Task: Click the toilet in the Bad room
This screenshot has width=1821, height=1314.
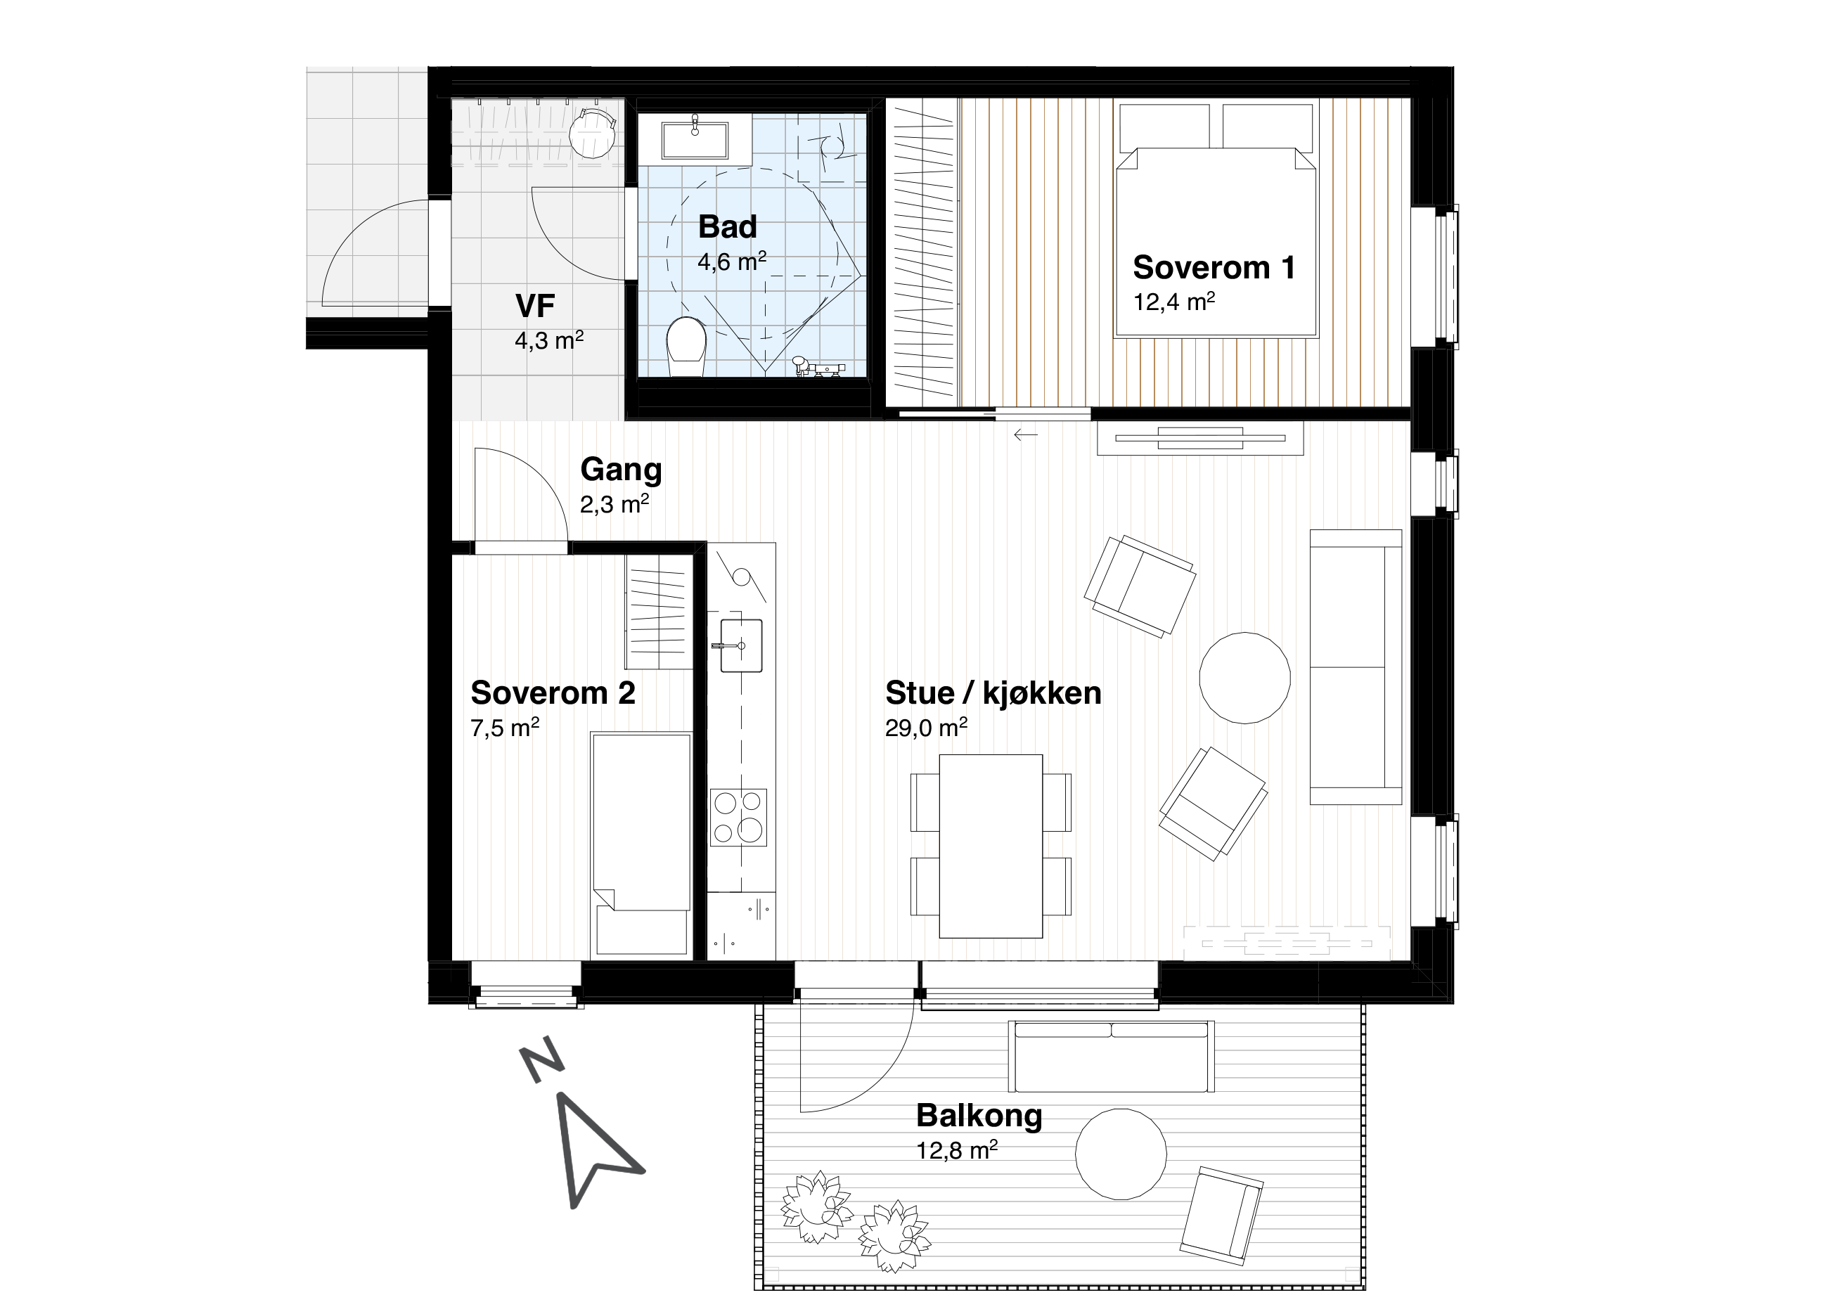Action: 686,347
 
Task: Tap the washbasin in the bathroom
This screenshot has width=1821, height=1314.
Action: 695,141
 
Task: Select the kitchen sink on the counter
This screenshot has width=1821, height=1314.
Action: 741,645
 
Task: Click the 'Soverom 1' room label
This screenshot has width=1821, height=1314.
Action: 1214,267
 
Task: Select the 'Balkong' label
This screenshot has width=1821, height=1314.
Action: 979,1116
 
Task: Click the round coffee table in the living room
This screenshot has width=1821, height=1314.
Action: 1244,678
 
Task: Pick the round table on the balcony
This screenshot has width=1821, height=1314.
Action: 1121,1154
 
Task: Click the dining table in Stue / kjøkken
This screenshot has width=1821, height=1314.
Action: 991,846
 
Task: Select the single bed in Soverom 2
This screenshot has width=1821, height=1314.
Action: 641,845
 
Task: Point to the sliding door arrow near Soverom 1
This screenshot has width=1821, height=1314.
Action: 1025,435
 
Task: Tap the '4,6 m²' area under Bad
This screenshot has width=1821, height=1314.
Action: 731,262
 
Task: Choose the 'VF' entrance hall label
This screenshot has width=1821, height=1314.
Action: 535,306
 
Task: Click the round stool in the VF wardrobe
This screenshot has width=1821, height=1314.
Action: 593,134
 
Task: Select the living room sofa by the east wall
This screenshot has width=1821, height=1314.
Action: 1356,666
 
